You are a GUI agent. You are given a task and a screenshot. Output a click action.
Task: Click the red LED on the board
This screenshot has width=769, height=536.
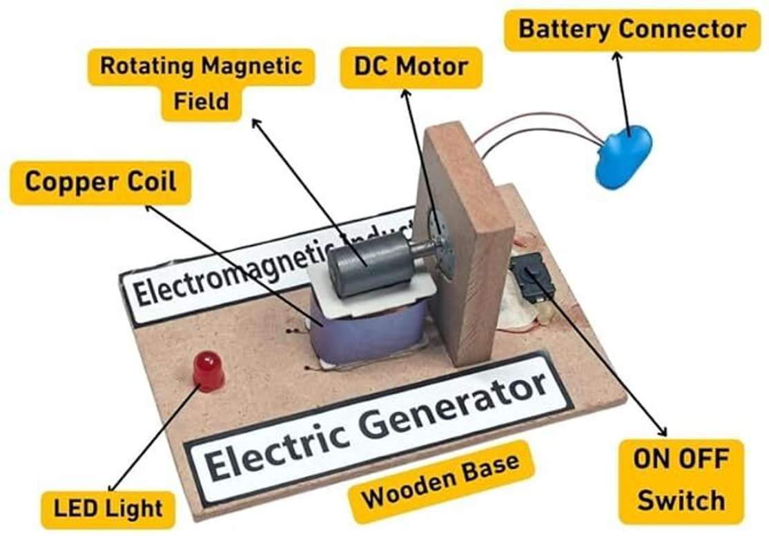[x=206, y=370]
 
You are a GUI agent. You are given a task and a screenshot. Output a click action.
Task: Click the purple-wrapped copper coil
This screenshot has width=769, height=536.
[x=370, y=330]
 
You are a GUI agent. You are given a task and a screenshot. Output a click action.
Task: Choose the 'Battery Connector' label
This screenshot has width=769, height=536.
[x=632, y=29]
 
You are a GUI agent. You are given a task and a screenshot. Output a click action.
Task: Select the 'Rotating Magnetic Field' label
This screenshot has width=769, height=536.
[x=201, y=83]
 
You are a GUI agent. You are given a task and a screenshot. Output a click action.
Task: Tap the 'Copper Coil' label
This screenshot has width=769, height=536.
[x=101, y=181]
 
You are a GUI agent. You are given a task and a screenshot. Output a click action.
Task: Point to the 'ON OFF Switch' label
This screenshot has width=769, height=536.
[x=681, y=480]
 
